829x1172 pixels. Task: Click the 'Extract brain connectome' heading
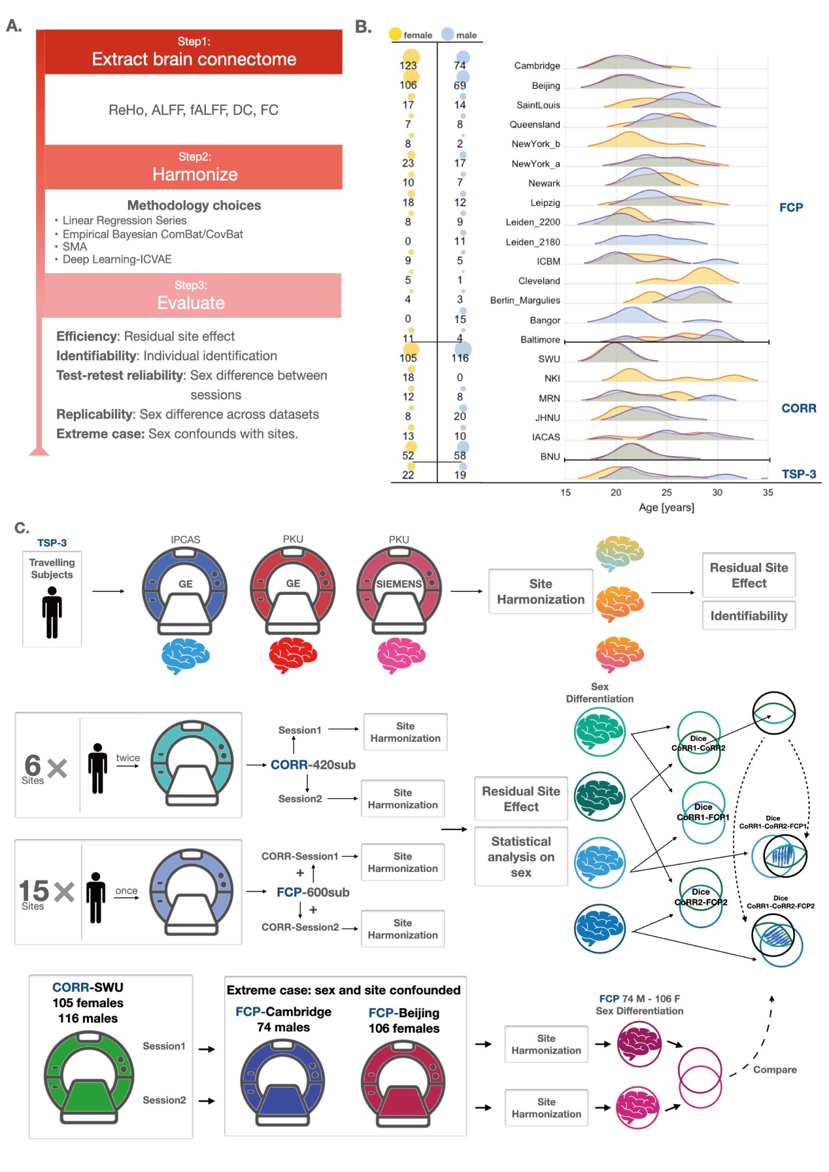tap(194, 59)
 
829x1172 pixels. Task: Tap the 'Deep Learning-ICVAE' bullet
tap(117, 260)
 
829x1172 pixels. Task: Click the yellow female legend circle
tap(395, 34)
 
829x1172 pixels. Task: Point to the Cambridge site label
tap(537, 65)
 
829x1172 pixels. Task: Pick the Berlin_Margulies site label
tap(525, 300)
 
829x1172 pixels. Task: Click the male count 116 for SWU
tap(460, 358)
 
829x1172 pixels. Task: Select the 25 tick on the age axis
tap(666, 492)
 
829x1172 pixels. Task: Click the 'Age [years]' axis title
tap(666, 507)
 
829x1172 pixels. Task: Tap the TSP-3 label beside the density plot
tap(798, 474)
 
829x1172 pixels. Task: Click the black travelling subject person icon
tap(52, 612)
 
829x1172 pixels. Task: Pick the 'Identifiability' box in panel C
tap(749, 616)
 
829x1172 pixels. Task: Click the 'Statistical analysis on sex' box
tap(520, 856)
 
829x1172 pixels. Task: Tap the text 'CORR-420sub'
tap(313, 765)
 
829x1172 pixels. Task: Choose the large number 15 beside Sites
tap(34, 890)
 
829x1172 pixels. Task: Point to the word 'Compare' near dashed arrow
tap(775, 1069)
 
